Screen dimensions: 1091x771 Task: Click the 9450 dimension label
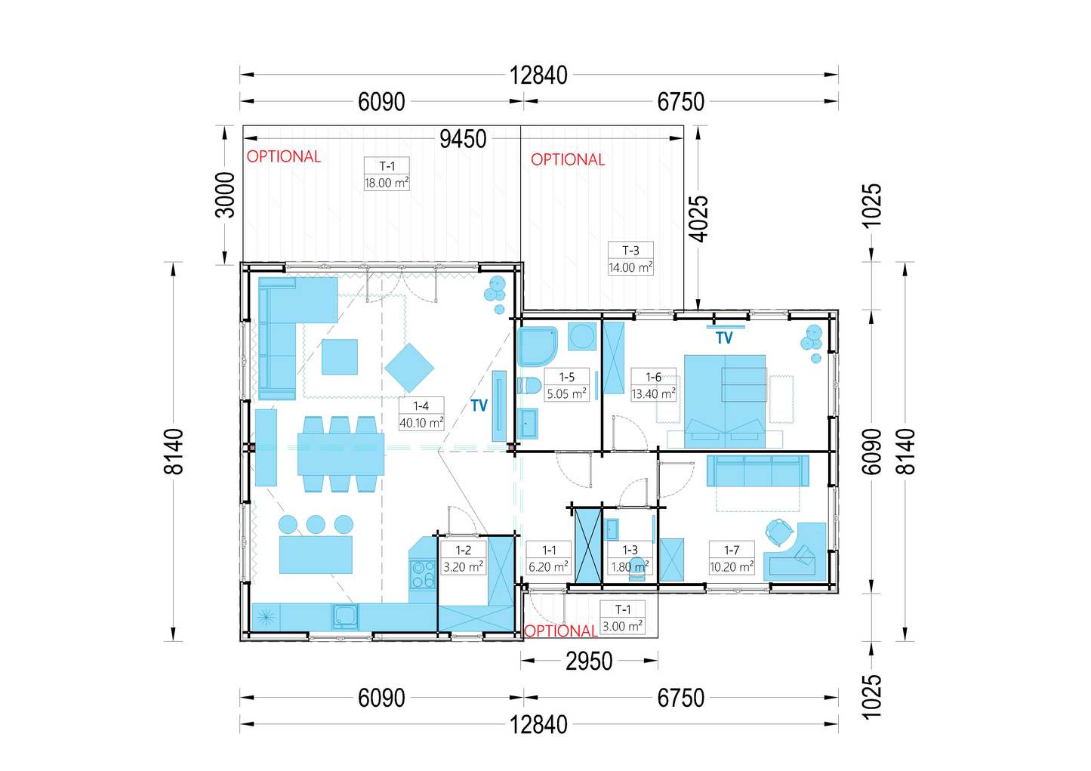point(463,139)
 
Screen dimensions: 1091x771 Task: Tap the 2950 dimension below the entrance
point(589,662)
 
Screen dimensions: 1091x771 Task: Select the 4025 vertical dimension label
point(698,219)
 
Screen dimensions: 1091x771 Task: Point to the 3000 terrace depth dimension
point(225,195)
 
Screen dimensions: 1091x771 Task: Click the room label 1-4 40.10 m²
point(421,414)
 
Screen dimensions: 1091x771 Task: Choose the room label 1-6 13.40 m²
point(653,385)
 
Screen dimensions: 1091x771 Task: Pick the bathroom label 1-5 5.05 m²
point(566,385)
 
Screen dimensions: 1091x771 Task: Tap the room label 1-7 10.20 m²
point(732,557)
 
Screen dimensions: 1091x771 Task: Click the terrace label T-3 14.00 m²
point(630,258)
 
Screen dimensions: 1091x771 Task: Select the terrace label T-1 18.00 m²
point(387,174)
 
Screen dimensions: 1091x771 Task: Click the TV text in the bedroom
point(724,338)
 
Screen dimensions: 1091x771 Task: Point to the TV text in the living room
point(479,406)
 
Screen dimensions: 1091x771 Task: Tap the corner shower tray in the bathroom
point(538,347)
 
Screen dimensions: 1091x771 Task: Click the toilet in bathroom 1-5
point(529,386)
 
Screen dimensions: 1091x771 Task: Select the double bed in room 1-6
point(725,401)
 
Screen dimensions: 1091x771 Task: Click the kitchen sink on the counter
point(345,617)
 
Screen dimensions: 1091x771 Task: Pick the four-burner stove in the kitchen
point(423,574)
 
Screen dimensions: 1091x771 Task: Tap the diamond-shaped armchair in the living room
point(409,369)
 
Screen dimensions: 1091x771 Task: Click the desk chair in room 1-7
point(778,532)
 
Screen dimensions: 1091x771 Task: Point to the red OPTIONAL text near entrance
point(560,631)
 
